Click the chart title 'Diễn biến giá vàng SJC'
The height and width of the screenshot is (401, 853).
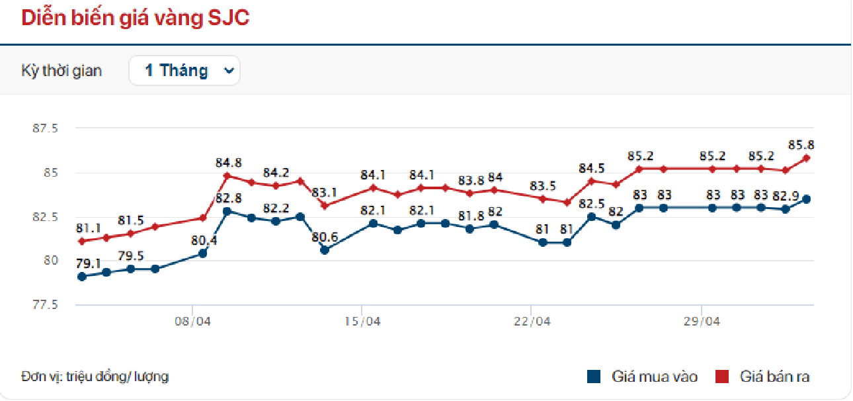(x=136, y=18)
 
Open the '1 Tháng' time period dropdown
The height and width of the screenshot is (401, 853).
(x=184, y=70)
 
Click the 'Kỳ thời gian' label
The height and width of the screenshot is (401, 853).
(x=61, y=71)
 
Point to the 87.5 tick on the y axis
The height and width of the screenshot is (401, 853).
(x=45, y=128)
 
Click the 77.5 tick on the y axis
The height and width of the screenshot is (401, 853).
(x=45, y=305)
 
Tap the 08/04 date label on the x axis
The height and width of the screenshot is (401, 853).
(x=192, y=322)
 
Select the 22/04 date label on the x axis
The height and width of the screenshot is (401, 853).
(x=532, y=322)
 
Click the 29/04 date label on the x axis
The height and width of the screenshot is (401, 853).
(x=702, y=322)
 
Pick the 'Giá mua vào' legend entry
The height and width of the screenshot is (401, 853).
(x=643, y=377)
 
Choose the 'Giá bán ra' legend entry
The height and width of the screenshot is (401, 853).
(x=763, y=377)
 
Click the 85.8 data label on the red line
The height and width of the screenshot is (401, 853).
(x=801, y=144)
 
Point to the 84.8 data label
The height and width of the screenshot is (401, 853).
(x=228, y=162)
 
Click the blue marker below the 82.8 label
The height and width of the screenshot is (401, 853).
(x=227, y=211)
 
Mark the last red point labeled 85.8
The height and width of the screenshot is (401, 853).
(x=807, y=158)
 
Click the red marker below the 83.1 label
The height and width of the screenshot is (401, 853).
(x=325, y=205)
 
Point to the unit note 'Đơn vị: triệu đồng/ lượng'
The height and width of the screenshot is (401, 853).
(x=95, y=377)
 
